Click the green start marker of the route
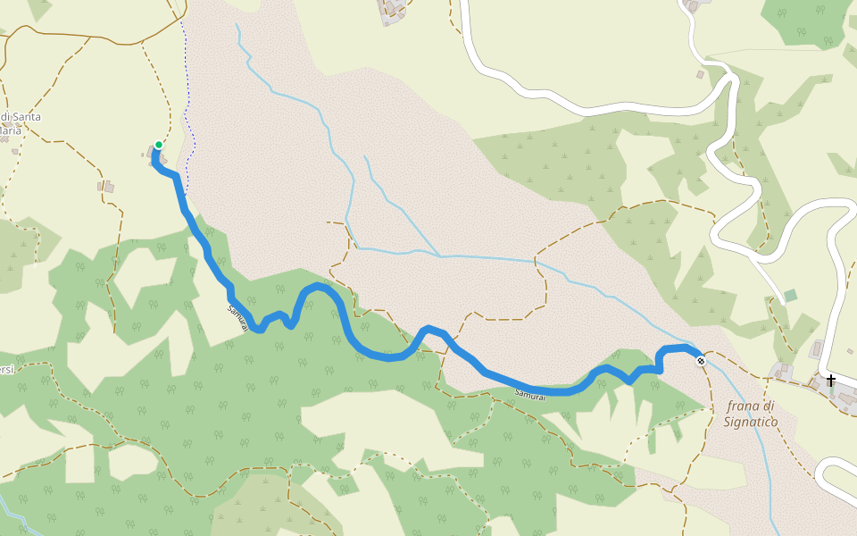(158, 145)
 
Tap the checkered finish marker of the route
(701, 361)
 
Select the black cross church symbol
(831, 381)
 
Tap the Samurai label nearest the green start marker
(236, 320)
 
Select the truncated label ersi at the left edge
(6, 371)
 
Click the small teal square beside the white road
(790, 296)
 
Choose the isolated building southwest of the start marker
(106, 187)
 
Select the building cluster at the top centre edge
(393, 11)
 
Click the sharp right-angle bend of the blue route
(660, 368)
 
